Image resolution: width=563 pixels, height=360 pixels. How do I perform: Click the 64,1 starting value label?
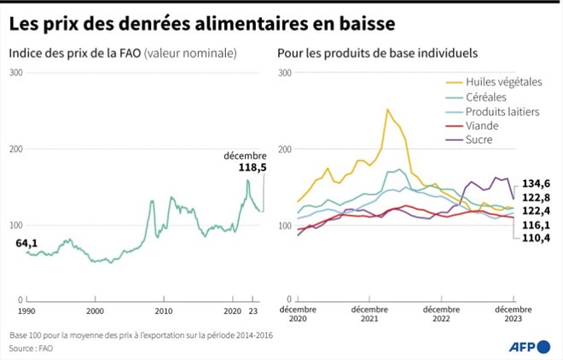pyautogui.click(x=26, y=243)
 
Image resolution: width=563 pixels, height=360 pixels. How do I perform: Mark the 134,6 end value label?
pyautogui.click(x=536, y=183)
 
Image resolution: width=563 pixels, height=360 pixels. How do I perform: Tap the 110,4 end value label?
pyautogui.click(x=536, y=237)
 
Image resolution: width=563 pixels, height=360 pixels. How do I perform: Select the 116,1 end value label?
pyautogui.click(x=536, y=224)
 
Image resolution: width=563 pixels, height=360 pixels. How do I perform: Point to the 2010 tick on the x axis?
pyautogui.click(x=164, y=311)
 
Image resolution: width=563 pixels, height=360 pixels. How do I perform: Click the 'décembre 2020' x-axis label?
pyautogui.click(x=298, y=313)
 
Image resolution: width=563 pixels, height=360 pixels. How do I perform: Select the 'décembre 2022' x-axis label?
pyautogui.click(x=441, y=313)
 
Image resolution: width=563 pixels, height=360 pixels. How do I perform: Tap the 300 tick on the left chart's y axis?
pyautogui.click(x=15, y=73)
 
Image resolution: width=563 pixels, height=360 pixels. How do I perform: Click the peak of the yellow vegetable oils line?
pyautogui.click(x=388, y=109)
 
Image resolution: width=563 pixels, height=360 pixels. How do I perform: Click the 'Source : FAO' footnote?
pyautogui.click(x=31, y=348)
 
